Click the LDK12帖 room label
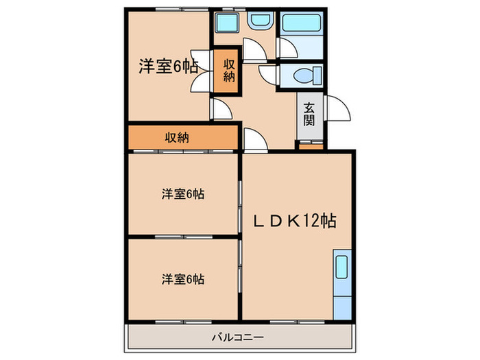(296, 221)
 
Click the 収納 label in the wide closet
(176, 137)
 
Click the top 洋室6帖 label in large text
(169, 67)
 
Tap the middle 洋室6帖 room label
(183, 194)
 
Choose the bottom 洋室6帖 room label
(183, 279)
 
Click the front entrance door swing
(337, 108)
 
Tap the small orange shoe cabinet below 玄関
(311, 145)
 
